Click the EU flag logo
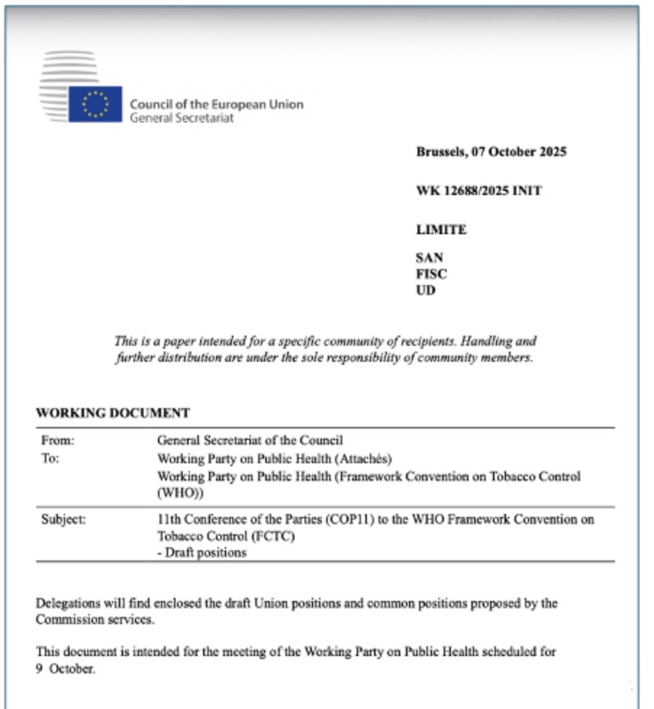(x=95, y=104)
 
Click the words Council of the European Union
(x=216, y=104)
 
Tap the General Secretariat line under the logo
(x=181, y=117)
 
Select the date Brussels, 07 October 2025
(x=491, y=152)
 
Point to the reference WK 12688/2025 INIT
(x=479, y=191)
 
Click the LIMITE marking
(x=441, y=230)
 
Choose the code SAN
(x=429, y=257)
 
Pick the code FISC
(x=431, y=274)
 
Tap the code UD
(x=426, y=291)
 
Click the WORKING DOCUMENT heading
(x=112, y=413)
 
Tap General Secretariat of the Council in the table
(x=250, y=440)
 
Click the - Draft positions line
(x=202, y=552)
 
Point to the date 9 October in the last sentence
(x=65, y=668)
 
